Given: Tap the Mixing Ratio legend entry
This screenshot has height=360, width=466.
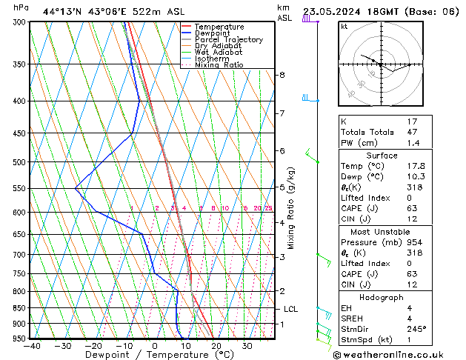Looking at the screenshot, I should [219, 65].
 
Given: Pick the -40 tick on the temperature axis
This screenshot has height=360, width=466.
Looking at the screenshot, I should [32, 345].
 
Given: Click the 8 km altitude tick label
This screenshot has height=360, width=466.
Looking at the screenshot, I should [282, 75].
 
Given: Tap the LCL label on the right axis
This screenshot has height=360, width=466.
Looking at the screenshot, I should [290, 309].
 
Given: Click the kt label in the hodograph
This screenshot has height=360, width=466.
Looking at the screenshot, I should [344, 27].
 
